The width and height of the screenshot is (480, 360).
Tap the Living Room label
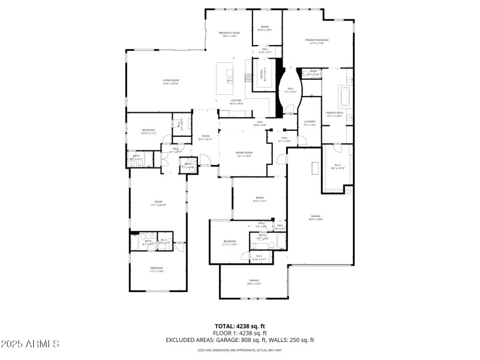[x=171, y=82]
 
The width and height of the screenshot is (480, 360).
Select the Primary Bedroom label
[x=319, y=41]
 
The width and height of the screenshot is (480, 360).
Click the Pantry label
[x=262, y=75]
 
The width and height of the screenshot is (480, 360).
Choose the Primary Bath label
[x=334, y=114]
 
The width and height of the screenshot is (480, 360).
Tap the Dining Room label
[x=244, y=154]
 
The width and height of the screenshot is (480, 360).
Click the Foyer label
[x=205, y=137]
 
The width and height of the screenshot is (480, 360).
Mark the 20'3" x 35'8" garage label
[x=316, y=217]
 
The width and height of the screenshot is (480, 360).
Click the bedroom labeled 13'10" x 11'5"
[x=149, y=131]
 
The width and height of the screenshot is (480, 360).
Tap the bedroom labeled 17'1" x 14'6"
[x=157, y=269]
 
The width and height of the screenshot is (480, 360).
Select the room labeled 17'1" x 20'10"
[x=158, y=204]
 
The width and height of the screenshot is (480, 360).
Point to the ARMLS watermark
[x=30, y=344]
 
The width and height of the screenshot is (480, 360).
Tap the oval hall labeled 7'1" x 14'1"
[x=290, y=91]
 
